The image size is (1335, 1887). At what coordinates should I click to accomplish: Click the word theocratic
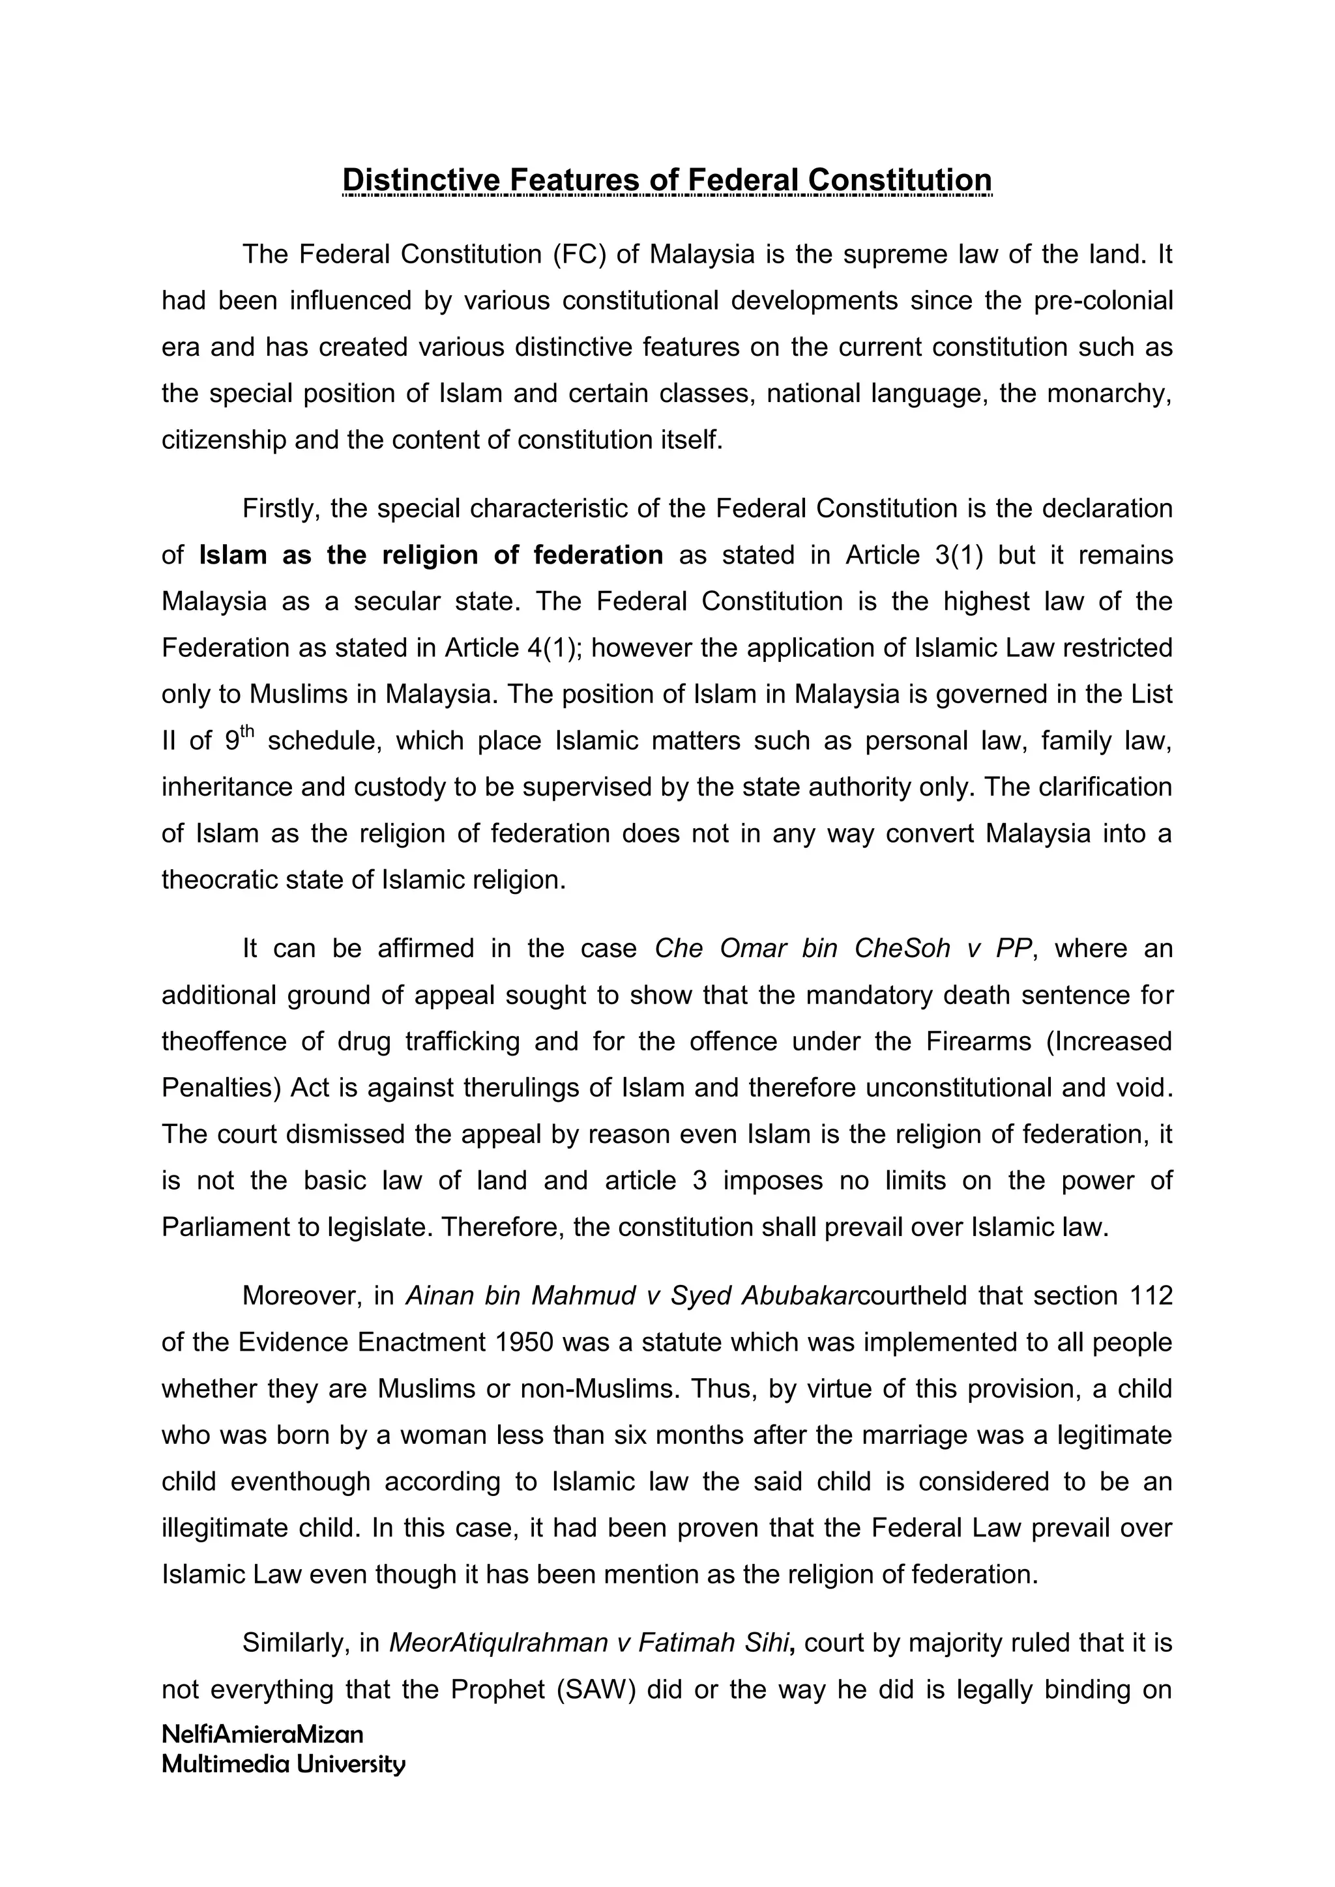tap(226, 880)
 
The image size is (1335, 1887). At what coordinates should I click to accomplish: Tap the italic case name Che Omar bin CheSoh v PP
tap(843, 949)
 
